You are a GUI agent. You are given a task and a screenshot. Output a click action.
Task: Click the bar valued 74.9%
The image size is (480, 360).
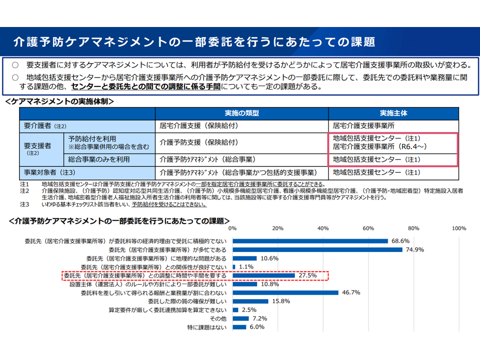317,249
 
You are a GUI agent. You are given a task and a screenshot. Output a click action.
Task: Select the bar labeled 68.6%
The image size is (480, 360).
310,241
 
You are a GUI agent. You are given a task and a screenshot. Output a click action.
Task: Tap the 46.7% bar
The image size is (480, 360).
285,292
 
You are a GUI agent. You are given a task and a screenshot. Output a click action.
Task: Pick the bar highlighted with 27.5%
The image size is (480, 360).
263,275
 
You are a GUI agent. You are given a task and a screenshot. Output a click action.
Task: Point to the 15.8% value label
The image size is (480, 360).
281,301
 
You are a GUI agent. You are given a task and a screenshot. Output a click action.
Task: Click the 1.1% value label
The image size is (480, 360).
247,267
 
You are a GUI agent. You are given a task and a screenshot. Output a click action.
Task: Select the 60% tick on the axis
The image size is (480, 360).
368,228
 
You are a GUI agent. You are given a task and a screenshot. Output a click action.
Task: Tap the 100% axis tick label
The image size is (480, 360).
458,228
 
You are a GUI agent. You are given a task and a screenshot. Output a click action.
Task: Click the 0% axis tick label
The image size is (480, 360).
232,228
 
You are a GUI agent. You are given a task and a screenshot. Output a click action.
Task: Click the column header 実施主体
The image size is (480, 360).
393,113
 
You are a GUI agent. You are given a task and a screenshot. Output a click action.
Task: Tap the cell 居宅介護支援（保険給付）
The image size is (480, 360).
198,126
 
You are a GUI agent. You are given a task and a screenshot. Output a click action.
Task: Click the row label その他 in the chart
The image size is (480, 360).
218,318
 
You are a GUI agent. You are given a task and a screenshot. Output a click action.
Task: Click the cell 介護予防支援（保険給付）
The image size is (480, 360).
198,142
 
